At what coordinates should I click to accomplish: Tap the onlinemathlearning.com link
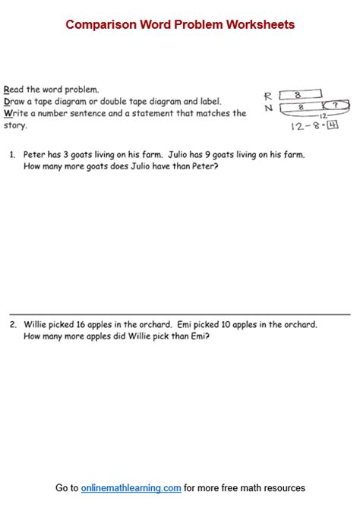(x=131, y=488)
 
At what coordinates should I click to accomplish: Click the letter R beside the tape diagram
(x=268, y=96)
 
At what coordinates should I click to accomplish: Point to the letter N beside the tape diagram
(x=268, y=108)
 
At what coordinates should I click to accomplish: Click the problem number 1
(x=12, y=154)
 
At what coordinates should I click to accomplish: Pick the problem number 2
(x=13, y=324)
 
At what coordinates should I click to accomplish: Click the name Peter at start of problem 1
(x=35, y=154)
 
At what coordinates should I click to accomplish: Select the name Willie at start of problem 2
(x=36, y=324)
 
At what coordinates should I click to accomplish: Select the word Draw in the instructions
(x=15, y=101)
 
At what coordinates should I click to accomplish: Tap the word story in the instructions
(x=15, y=125)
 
